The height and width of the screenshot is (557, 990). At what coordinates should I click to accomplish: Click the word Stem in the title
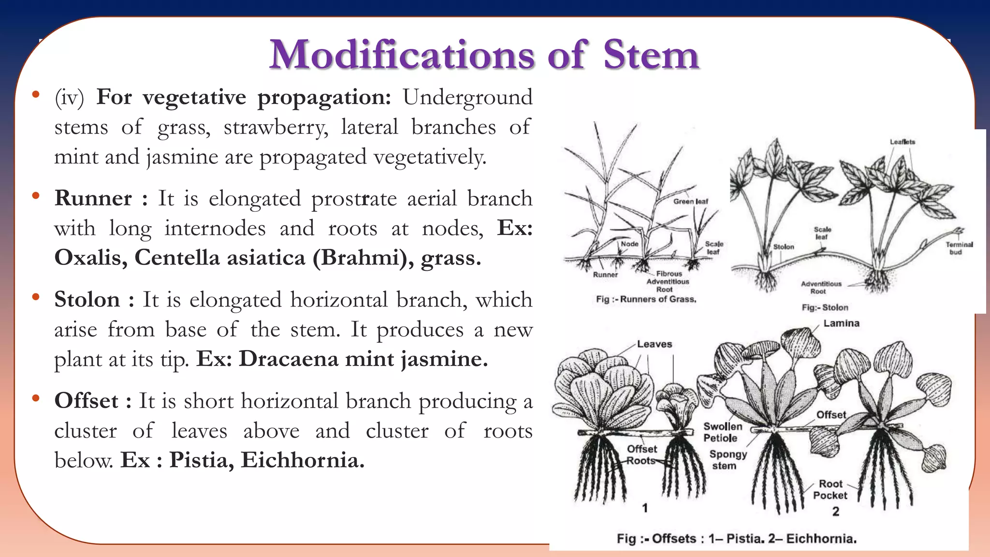pyautogui.click(x=651, y=55)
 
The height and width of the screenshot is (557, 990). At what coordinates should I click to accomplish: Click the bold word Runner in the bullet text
pyautogui.click(x=93, y=198)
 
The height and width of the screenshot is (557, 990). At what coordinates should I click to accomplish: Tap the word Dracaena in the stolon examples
pyautogui.click(x=289, y=359)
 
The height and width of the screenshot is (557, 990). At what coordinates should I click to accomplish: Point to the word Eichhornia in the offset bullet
pyautogui.click(x=302, y=460)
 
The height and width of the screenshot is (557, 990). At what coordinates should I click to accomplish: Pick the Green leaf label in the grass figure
pyautogui.click(x=690, y=201)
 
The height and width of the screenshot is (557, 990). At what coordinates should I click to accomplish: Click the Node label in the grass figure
pyautogui.click(x=629, y=244)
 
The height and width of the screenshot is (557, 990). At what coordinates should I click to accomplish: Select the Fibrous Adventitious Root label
pyautogui.click(x=668, y=281)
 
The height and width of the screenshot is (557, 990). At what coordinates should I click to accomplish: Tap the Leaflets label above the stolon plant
pyautogui.click(x=902, y=142)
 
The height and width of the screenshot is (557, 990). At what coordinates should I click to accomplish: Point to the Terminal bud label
pyautogui.click(x=959, y=248)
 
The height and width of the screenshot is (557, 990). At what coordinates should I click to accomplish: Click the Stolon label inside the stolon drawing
pyautogui.click(x=783, y=247)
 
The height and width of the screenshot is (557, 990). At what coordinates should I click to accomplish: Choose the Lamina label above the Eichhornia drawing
pyautogui.click(x=841, y=323)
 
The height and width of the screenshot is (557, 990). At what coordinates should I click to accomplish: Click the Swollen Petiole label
pyautogui.click(x=722, y=432)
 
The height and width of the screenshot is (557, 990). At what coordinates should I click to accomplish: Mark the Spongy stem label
pyautogui.click(x=728, y=460)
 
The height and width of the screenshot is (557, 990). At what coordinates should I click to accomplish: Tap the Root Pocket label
pyautogui.click(x=830, y=489)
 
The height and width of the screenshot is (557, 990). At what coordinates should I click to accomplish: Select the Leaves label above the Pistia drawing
pyautogui.click(x=654, y=344)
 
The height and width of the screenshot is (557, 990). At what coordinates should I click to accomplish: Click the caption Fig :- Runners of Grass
pyautogui.click(x=646, y=299)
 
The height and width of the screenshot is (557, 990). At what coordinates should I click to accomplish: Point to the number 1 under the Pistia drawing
pyautogui.click(x=645, y=508)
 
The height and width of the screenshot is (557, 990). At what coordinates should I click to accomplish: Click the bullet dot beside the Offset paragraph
pyautogui.click(x=35, y=399)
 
